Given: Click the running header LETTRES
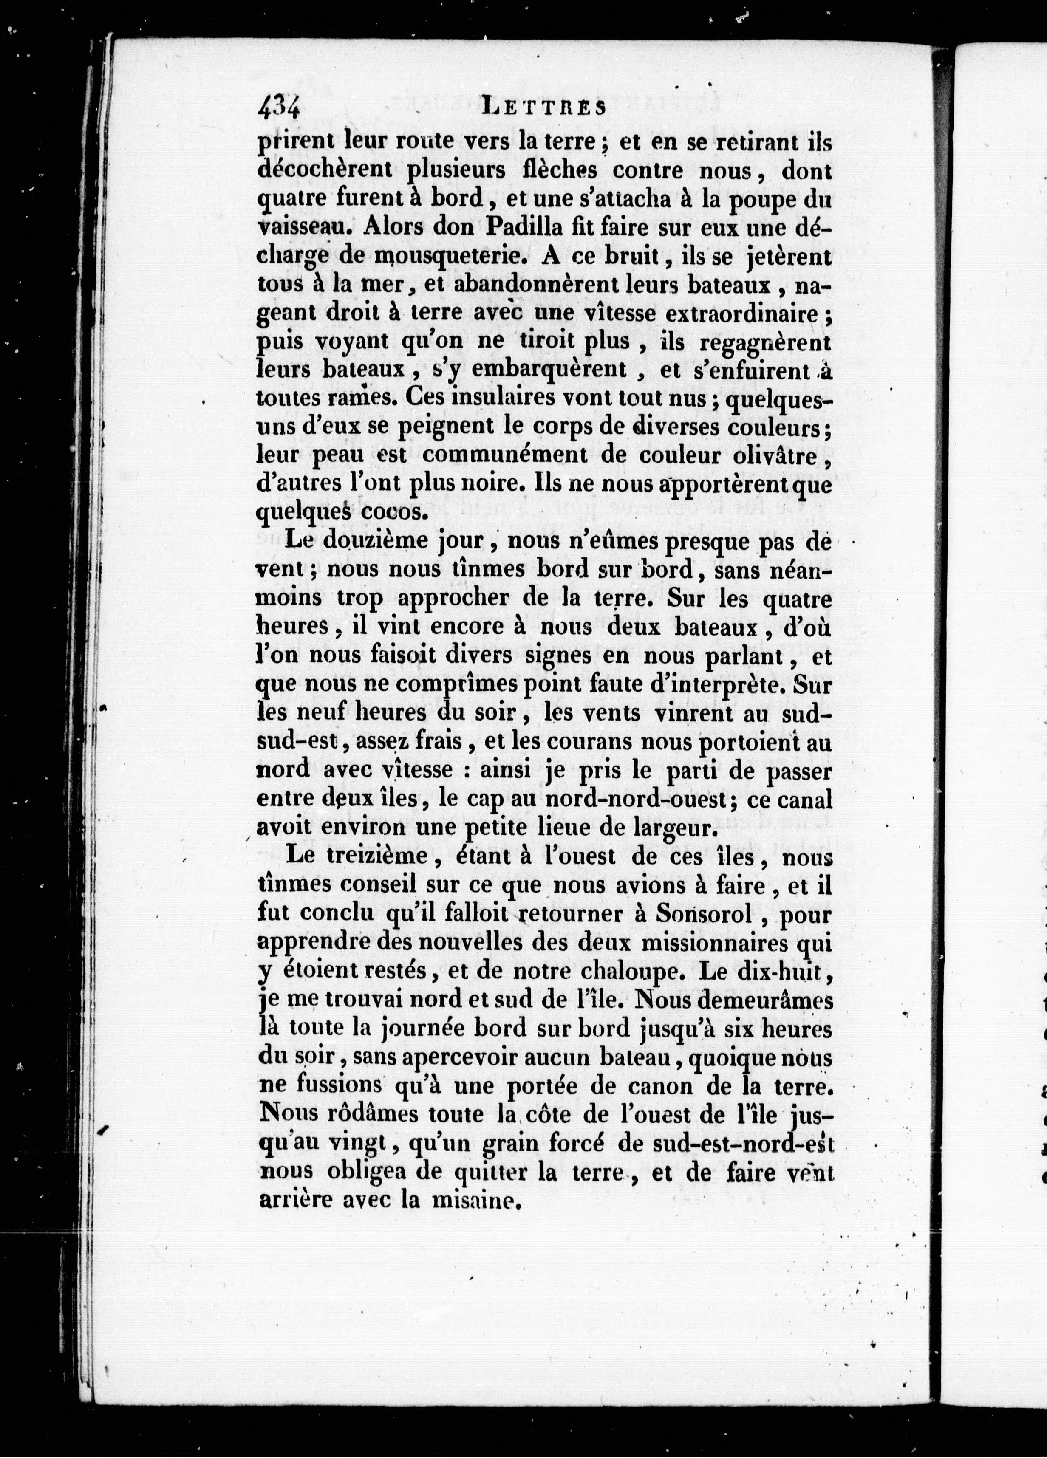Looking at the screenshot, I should [543, 107].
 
